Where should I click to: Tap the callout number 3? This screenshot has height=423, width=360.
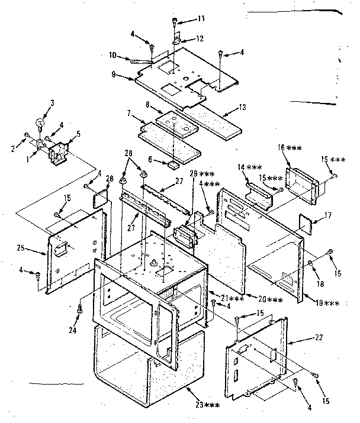click(52, 104)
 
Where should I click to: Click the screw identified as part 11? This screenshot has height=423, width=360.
click(175, 22)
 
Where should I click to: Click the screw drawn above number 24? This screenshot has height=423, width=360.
click(80, 308)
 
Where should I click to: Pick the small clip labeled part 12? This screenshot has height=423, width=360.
click(176, 41)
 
